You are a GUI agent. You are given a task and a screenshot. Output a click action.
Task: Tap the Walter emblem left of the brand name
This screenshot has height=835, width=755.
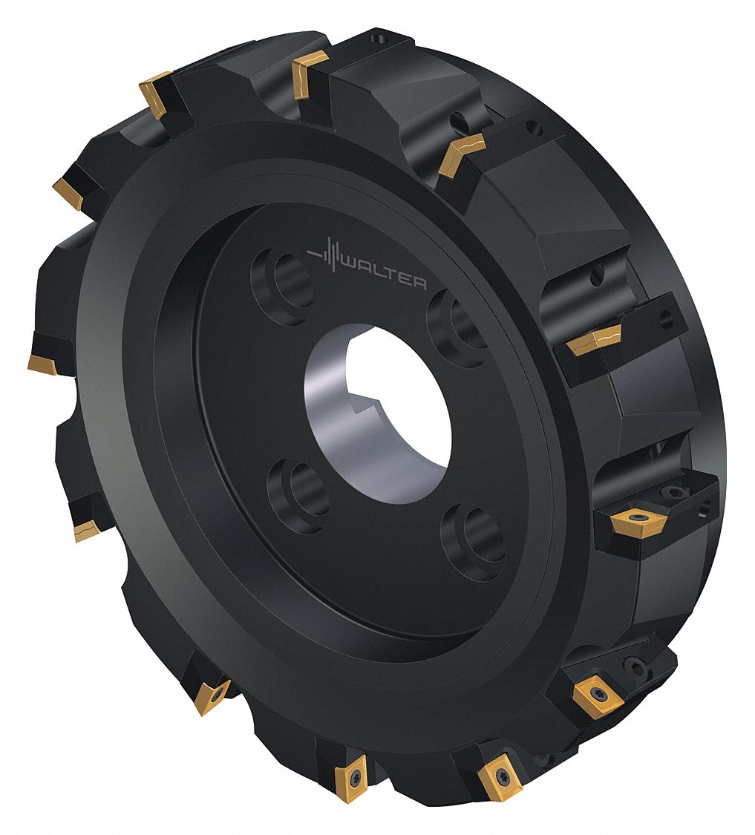coord(327,256)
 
